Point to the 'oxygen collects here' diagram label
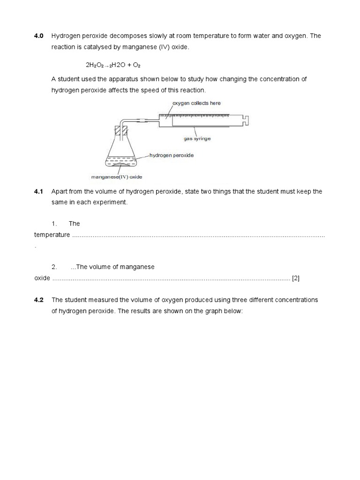click(197, 103)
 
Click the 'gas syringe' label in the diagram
click(197, 139)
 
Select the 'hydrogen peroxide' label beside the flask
click(172, 155)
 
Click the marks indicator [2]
click(296, 278)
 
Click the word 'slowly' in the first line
click(165, 36)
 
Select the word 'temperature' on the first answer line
click(52, 234)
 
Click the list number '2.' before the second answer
click(54, 267)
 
